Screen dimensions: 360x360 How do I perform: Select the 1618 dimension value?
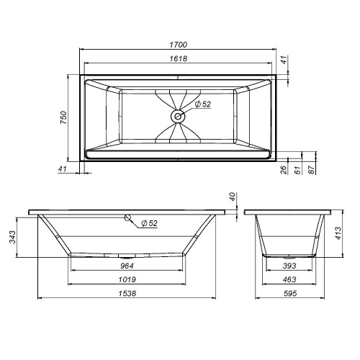click(178, 58)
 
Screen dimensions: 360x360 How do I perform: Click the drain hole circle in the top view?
click(178, 115)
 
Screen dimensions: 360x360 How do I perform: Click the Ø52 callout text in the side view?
click(149, 224)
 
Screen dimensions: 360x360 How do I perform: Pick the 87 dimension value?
click(311, 170)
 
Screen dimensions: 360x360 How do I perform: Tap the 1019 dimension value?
click(127, 279)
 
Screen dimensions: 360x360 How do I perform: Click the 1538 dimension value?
click(127, 293)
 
